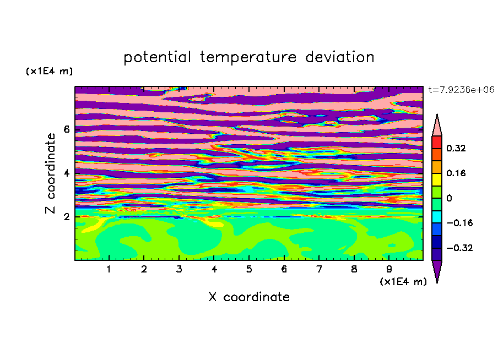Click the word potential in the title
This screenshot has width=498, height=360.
[x=157, y=57]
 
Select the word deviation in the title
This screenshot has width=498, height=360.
[x=339, y=57]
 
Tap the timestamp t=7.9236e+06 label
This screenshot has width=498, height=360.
[x=462, y=90]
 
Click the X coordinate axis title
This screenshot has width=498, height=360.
[x=249, y=297]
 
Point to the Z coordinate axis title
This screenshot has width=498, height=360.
[x=50, y=173]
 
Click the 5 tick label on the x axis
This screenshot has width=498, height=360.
[x=249, y=269]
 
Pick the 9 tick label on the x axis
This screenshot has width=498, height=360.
[x=389, y=269]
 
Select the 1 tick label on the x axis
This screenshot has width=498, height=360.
[x=109, y=269]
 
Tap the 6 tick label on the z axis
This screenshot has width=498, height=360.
[x=66, y=129]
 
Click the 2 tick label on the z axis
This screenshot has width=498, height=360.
[x=66, y=217]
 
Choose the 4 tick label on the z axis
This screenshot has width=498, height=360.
[x=66, y=173]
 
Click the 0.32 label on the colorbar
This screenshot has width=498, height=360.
[x=456, y=148]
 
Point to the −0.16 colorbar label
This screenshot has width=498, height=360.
[x=459, y=223]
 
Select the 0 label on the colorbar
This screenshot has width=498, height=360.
[x=449, y=198]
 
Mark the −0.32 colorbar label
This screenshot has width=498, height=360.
[x=459, y=248]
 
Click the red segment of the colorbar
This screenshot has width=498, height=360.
[x=437, y=142]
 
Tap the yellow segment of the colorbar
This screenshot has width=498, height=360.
[x=437, y=179]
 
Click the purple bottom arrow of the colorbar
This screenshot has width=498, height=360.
[x=437, y=270]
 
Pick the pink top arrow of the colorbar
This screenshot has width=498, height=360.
[x=437, y=127]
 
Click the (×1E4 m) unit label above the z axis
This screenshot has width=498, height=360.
[x=49, y=71]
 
